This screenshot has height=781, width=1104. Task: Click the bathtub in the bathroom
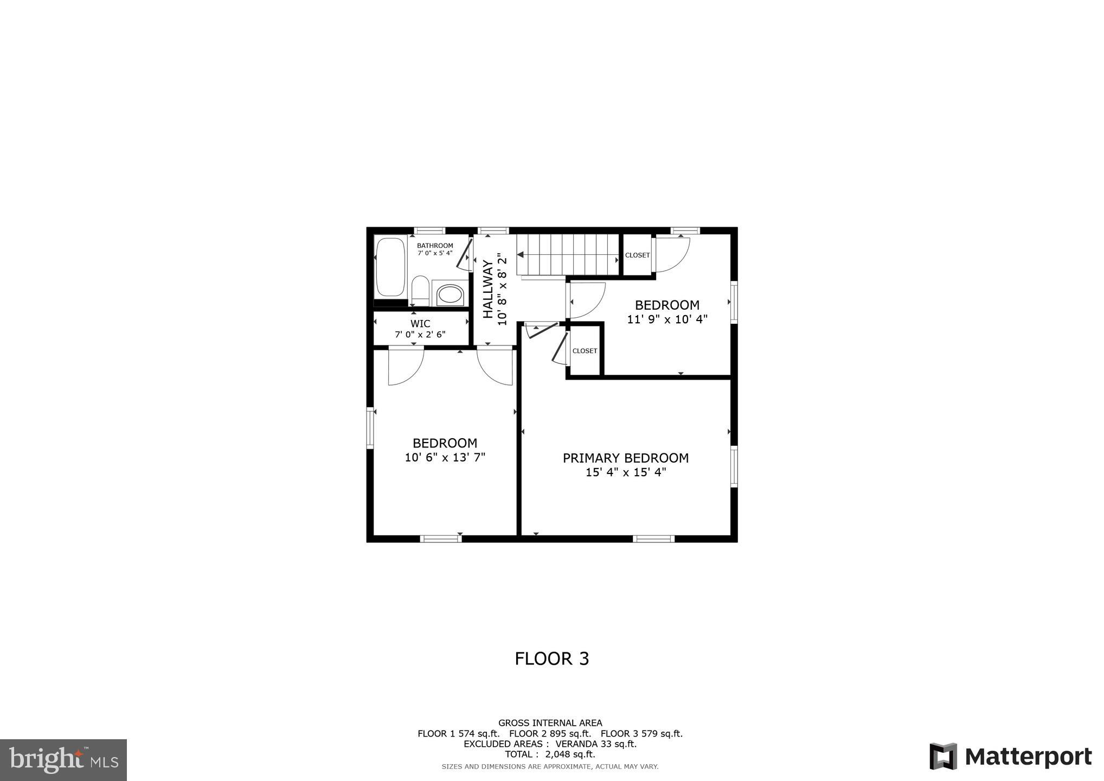[x=390, y=266]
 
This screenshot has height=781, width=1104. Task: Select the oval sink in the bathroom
[x=450, y=295]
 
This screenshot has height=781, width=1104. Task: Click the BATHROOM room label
[x=435, y=246]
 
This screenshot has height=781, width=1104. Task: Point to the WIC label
[x=420, y=324]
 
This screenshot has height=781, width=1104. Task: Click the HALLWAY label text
[x=488, y=290]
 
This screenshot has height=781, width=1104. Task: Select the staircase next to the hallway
[x=568, y=254]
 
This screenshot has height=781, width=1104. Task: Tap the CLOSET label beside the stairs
[x=637, y=255]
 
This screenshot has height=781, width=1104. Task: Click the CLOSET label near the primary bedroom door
[x=585, y=351]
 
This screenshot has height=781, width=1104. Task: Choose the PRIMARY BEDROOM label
[x=626, y=458]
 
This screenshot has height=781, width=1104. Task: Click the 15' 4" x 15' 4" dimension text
[x=626, y=472]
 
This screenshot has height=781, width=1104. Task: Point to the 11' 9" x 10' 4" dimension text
[x=667, y=319]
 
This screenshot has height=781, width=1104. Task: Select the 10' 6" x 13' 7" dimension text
[x=445, y=457]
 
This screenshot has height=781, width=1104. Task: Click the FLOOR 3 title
[x=551, y=658]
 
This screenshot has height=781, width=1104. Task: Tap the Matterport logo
[x=1011, y=756]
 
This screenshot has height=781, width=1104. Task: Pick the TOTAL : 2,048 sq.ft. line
[x=550, y=754]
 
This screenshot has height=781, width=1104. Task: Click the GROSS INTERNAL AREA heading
[x=550, y=723]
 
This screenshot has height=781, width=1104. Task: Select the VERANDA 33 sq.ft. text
[x=596, y=744]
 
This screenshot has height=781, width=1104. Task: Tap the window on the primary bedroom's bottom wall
[x=653, y=539]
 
